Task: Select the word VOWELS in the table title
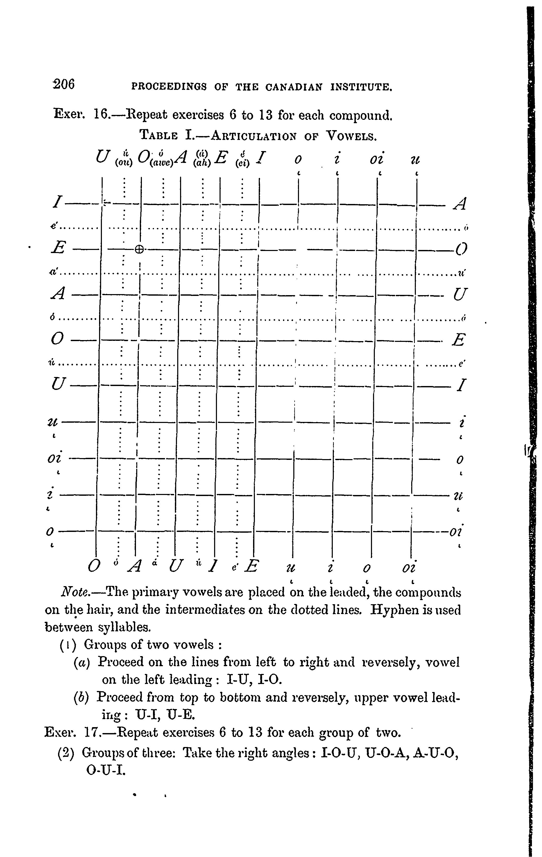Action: tap(351, 135)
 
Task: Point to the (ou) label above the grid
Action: tap(124, 163)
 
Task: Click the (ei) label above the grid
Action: tap(242, 163)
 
